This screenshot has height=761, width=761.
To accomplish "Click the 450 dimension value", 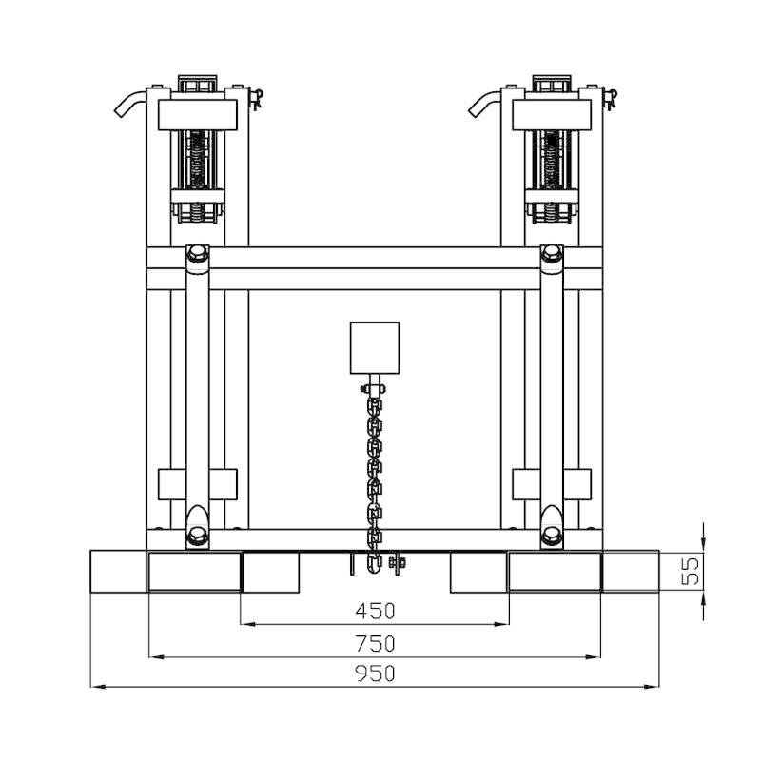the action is tap(375, 611).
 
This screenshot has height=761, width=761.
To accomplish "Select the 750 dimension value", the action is tap(375, 644).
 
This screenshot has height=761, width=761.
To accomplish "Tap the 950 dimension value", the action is tap(375, 673).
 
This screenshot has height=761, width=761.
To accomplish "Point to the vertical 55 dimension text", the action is tap(691, 572).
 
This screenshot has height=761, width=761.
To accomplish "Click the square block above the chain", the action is tap(375, 348).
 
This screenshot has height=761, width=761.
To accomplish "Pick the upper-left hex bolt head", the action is tap(198, 253).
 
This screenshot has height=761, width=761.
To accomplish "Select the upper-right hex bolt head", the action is tap(552, 253).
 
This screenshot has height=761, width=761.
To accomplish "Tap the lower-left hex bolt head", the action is tap(198, 536).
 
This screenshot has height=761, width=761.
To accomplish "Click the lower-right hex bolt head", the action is tap(552, 536).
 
